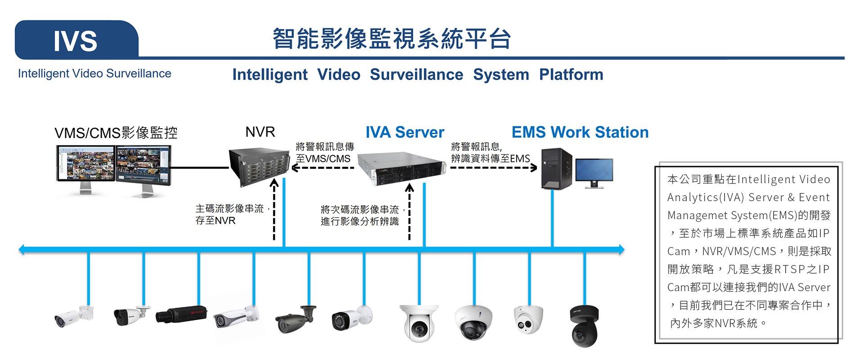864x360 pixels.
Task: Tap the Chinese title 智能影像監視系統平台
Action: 391,38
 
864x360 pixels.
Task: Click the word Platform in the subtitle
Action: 571,74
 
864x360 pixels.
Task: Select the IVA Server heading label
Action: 405,132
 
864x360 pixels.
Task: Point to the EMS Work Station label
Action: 580,132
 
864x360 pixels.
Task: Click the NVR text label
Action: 260,132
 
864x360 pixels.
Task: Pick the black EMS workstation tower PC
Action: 556,169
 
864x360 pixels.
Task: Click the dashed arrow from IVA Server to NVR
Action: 323,168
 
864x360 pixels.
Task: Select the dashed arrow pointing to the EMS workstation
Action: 493,168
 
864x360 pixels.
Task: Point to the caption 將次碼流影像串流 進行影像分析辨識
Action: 360,216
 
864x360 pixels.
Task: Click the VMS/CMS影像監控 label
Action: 116,133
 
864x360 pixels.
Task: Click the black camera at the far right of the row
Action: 585,326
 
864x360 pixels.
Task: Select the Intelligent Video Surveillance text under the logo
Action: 94,73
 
